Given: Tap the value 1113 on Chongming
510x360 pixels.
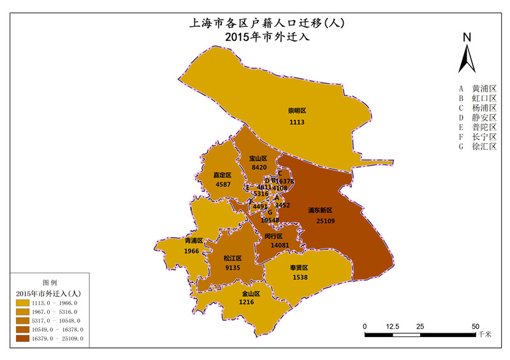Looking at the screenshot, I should [297, 122].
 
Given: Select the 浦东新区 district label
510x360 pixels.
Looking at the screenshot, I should [320, 210].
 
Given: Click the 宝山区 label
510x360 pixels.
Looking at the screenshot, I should [258, 158].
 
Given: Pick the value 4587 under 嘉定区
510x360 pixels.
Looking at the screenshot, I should [223, 184].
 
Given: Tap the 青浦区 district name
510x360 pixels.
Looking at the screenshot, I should [193, 241].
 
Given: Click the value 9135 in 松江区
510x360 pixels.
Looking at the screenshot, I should [232, 268].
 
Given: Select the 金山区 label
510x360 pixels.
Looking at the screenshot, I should [251, 294].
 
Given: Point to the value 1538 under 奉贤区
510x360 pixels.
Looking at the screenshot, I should [300, 278].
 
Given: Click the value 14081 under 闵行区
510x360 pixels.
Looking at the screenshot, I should [280, 245].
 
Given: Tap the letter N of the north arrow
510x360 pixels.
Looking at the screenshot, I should [467, 38].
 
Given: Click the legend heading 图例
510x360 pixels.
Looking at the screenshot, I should [50, 281].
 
